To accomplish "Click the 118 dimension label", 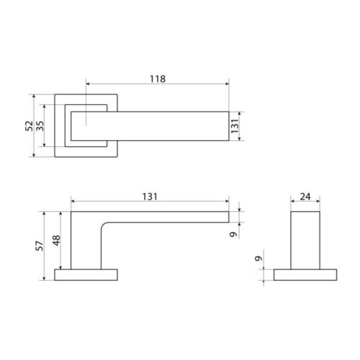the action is [x=158, y=78].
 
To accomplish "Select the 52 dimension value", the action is [x=29, y=126].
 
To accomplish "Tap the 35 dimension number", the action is [x=40, y=126].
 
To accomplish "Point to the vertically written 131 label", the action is [x=235, y=126].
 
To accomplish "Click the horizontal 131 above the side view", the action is [x=150, y=197].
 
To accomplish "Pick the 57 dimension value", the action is [x=40, y=246].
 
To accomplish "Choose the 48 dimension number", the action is [x=56, y=240].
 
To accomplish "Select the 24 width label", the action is [x=305, y=197].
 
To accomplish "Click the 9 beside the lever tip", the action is [x=233, y=234].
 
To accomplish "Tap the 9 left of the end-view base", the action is [x=258, y=258].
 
